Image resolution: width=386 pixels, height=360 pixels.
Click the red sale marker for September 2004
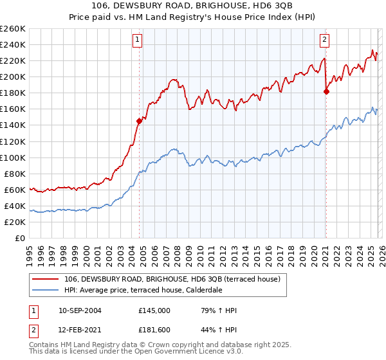(139, 120)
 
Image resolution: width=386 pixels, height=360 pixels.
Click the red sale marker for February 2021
(326, 91)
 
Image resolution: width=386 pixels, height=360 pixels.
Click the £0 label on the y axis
(21, 238)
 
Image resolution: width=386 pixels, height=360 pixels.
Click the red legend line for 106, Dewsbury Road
(46, 280)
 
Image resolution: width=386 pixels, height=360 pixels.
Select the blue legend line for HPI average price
(46, 291)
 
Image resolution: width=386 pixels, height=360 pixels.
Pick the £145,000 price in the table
(154, 310)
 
